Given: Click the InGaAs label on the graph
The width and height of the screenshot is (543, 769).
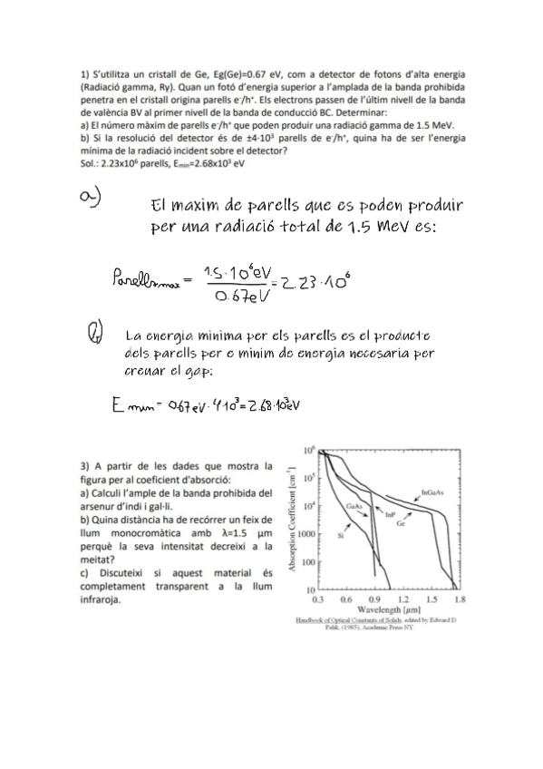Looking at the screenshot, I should [x=431, y=493].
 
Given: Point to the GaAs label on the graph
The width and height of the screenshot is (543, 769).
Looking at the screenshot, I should [x=354, y=505].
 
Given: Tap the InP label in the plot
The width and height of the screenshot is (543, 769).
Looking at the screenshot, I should [x=392, y=514].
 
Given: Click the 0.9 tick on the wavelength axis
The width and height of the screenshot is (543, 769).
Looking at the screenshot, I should [x=373, y=600].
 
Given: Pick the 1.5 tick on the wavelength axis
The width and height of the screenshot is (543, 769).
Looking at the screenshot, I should [x=431, y=600].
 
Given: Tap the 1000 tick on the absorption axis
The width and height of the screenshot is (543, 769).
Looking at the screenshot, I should [x=306, y=534].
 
